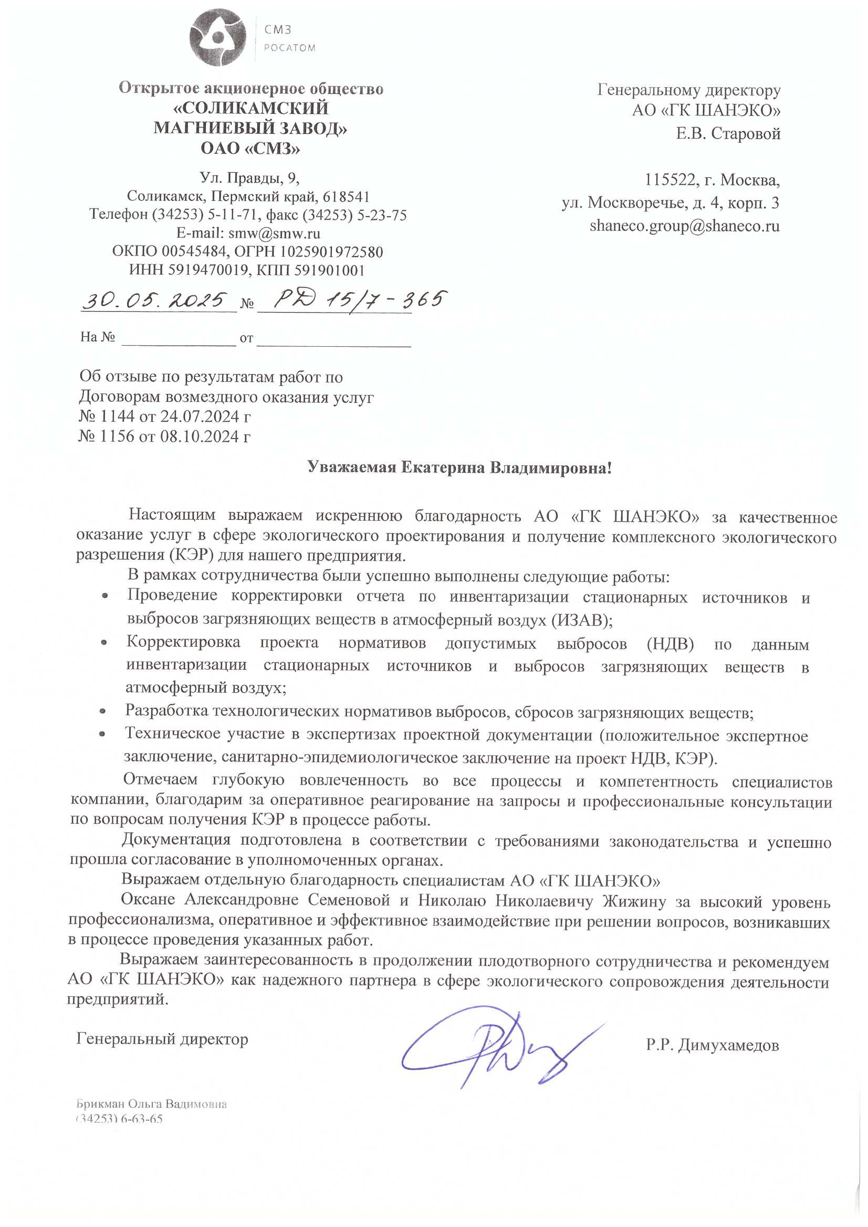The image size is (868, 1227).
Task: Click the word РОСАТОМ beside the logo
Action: pyautogui.click(x=289, y=48)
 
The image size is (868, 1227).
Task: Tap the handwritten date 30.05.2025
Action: pyautogui.click(x=155, y=301)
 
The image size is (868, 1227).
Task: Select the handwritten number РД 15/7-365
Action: pyautogui.click(x=358, y=301)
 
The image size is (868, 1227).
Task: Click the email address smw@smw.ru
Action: pyautogui.click(x=274, y=233)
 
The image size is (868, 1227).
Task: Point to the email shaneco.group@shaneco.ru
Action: pyautogui.click(x=684, y=226)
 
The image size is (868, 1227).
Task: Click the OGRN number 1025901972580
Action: pyautogui.click(x=331, y=251)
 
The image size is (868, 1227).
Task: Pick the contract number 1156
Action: pyautogui.click(x=117, y=436)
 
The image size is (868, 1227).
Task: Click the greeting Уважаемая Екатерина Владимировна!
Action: pyautogui.click(x=459, y=468)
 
